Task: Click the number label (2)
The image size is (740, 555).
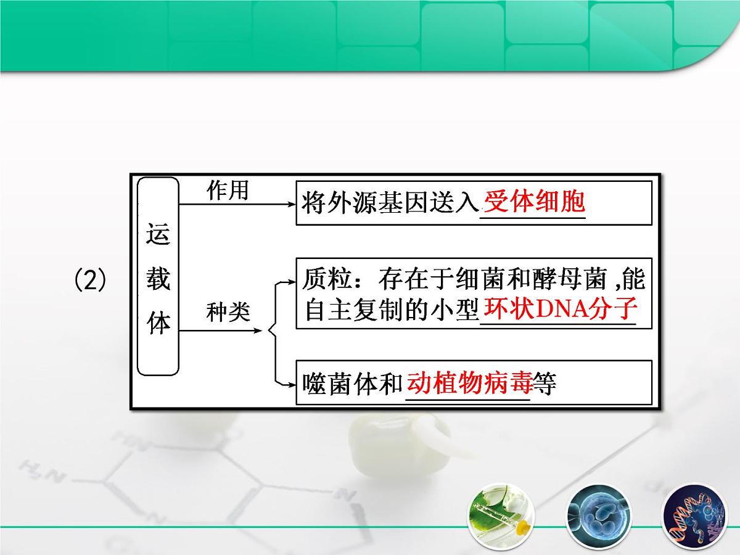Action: tap(90, 282)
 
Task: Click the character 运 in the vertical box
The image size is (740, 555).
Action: tap(158, 235)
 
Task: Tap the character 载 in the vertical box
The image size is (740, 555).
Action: tap(158, 279)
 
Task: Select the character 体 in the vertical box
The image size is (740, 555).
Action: tap(158, 323)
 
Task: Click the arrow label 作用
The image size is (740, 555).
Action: tap(228, 191)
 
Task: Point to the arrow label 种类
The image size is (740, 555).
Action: tap(228, 312)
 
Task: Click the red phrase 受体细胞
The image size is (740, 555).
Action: tap(534, 202)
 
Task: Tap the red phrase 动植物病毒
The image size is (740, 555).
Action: tap(469, 383)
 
